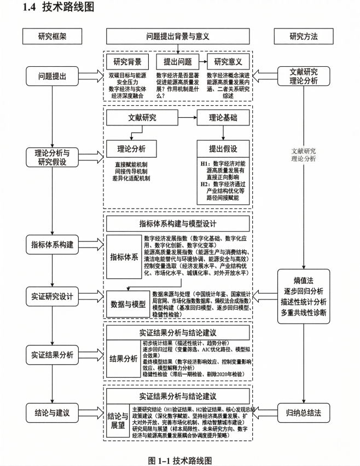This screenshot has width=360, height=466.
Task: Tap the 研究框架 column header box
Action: pyautogui.click(x=52, y=37)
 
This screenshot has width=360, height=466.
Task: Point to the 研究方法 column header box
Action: pyautogui.click(x=303, y=37)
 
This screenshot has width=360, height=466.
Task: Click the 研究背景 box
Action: pyautogui.click(x=127, y=61)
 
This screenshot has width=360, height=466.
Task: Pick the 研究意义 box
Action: pyautogui.click(x=228, y=61)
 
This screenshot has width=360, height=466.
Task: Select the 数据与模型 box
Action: pyautogui.click(x=127, y=303)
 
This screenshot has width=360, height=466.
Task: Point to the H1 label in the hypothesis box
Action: pyautogui.click(x=206, y=164)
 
